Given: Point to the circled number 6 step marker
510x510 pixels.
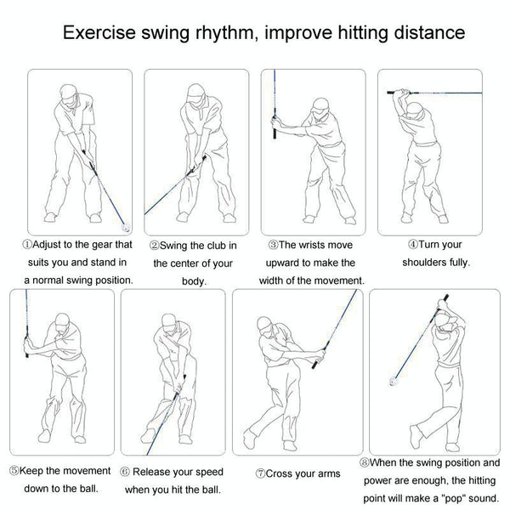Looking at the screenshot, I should (124, 472).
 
